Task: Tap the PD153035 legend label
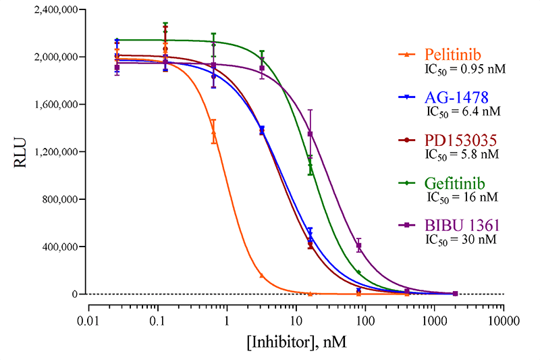461,140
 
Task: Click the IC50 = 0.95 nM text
466,68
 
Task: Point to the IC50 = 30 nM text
462,240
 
